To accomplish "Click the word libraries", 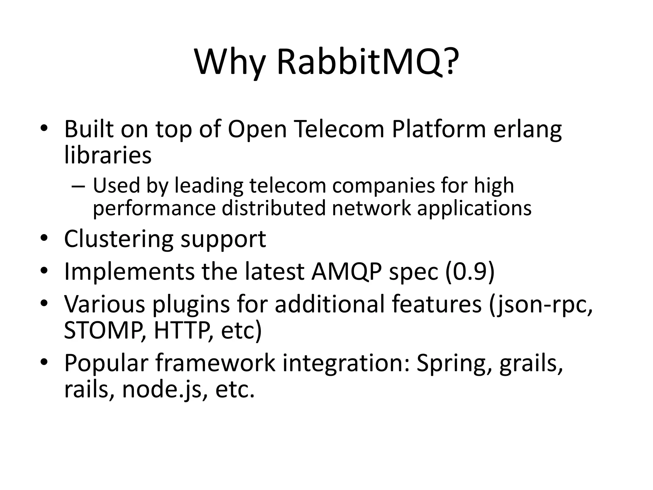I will pos(108,155).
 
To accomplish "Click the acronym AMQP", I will pos(346,271).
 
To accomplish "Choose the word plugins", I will pos(191,305).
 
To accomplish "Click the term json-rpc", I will pos(541,305).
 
